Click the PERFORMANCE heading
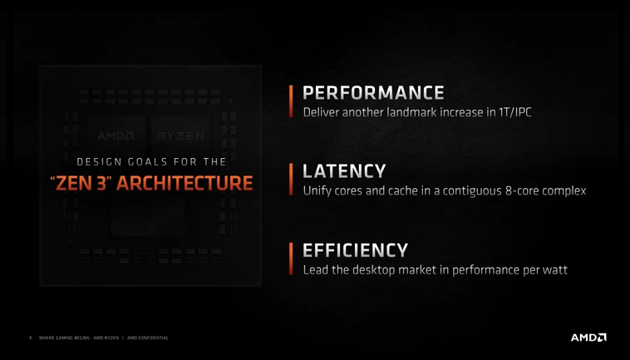click(x=373, y=91)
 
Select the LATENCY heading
click(x=344, y=171)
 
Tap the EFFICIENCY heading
click(x=355, y=250)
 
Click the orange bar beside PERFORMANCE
click(x=291, y=101)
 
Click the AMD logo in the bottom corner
click(x=588, y=337)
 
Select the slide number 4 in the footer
click(x=30, y=338)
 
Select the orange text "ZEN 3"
click(x=77, y=183)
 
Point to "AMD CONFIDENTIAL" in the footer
click(x=148, y=338)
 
